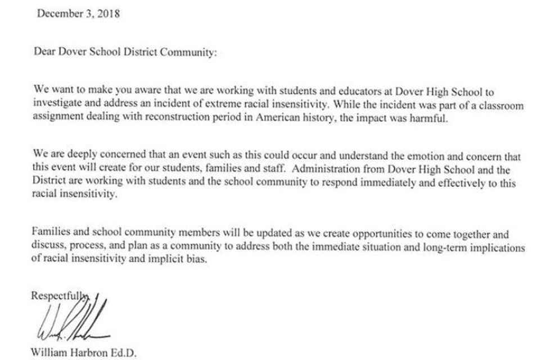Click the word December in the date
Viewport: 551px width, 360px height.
58,14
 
